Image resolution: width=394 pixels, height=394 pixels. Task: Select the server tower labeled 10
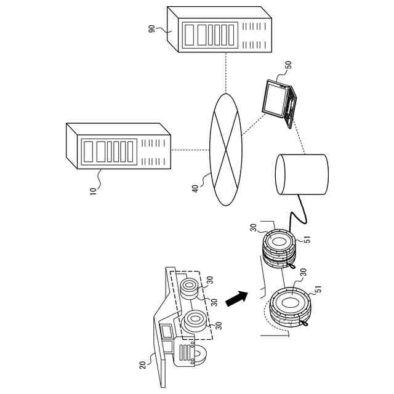coord(117,145)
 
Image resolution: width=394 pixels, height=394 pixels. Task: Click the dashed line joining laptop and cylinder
coord(299,138)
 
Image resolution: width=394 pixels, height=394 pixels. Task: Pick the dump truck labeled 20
coord(182,320)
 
